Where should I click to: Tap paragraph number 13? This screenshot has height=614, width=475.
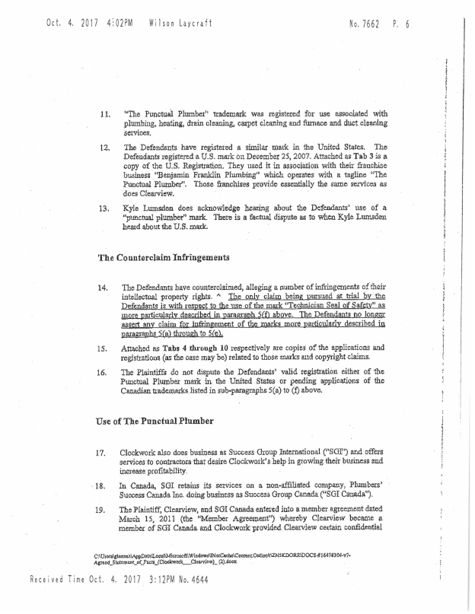[x=106, y=208]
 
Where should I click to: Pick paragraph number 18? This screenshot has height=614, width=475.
[x=101, y=485]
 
